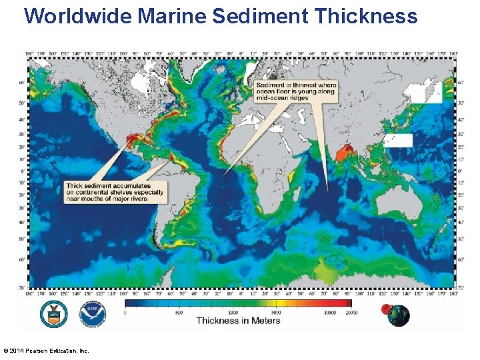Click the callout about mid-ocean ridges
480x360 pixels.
(297, 91)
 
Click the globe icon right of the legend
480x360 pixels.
(399, 315)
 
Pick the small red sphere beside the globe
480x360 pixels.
(385, 308)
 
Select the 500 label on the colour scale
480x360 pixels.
(179, 311)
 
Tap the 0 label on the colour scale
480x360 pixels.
(126, 311)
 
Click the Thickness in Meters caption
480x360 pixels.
(238, 321)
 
